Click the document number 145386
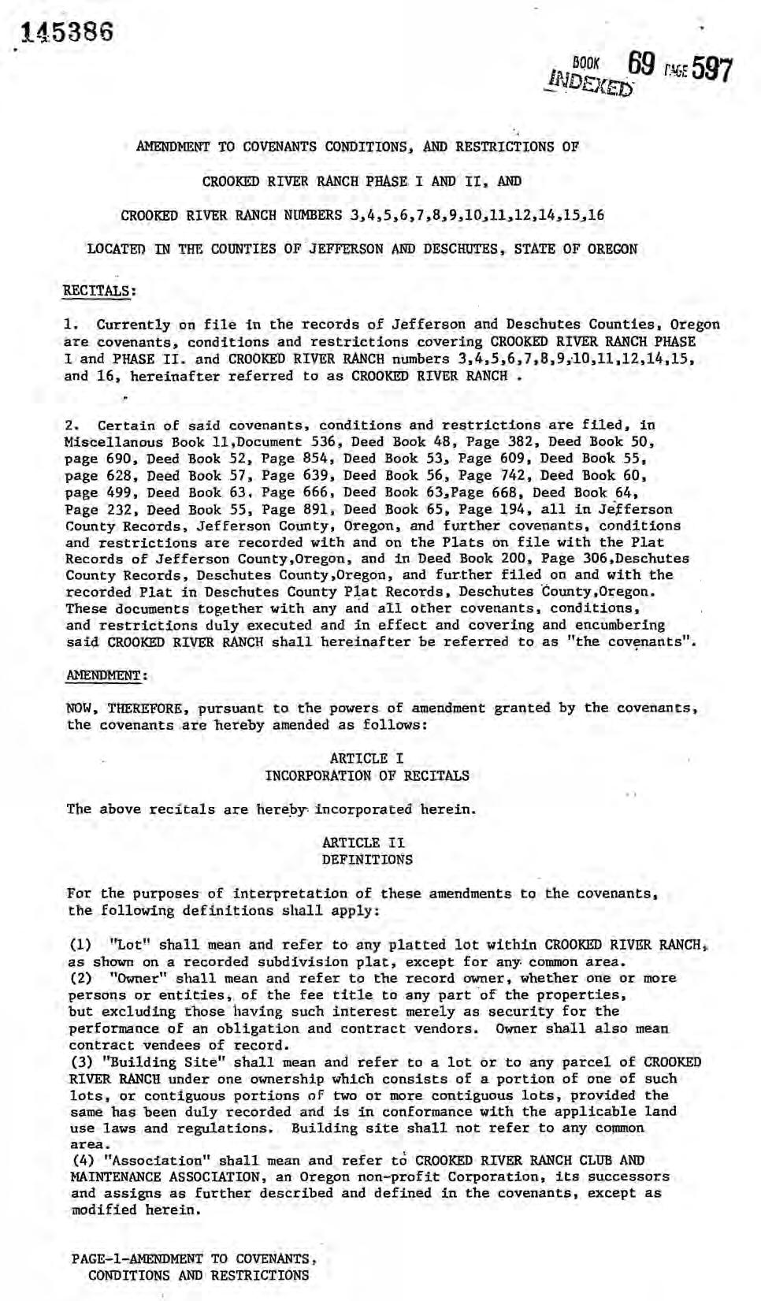pyautogui.click(x=69, y=32)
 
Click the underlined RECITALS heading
pyautogui.click(x=98, y=289)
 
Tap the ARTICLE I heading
pyautogui.click(x=366, y=758)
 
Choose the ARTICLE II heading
pyautogui.click(x=366, y=842)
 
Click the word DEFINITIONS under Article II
pyautogui.click(x=366, y=859)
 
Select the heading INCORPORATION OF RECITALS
pyautogui.click(x=366, y=775)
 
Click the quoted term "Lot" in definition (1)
pyautogui.click(x=131, y=945)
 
